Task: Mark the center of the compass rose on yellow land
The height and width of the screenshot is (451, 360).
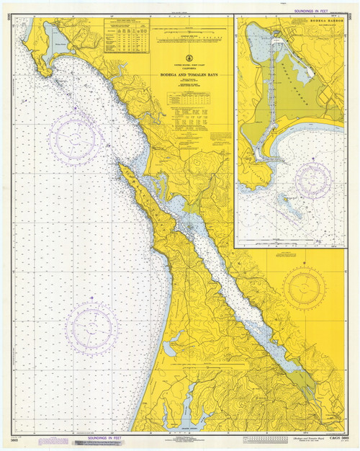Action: tap(305, 288)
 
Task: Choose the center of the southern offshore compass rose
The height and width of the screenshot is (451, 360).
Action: tap(91, 328)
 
